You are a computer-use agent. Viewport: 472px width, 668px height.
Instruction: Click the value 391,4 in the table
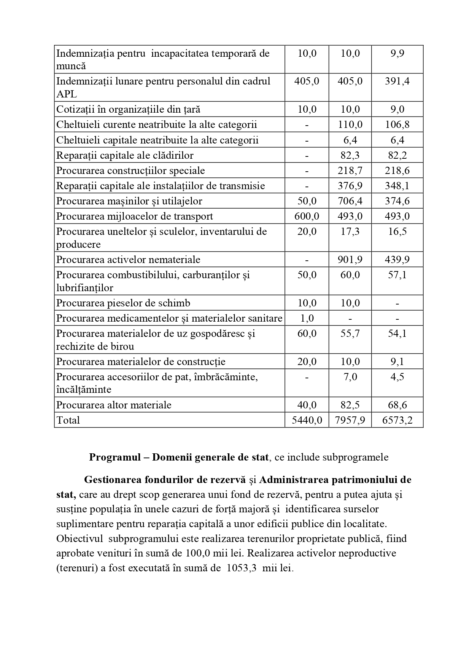[x=397, y=81]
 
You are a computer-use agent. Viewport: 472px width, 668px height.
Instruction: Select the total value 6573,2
[x=397, y=420]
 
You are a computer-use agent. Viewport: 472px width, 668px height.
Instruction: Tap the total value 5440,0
[x=307, y=420]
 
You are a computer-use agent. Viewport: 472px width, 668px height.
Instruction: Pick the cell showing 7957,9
[x=350, y=420]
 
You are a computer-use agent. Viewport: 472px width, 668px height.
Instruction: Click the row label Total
[x=68, y=420]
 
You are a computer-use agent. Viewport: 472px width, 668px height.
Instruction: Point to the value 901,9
[x=350, y=260]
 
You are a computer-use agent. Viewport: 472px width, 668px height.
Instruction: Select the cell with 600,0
[x=307, y=216]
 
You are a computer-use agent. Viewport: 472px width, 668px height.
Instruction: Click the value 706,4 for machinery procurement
[x=350, y=201]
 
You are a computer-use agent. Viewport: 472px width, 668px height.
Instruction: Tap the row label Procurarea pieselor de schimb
[x=123, y=303]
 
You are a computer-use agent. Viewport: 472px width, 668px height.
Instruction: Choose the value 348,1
[x=397, y=186]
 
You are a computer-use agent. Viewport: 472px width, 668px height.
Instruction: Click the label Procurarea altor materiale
[x=114, y=405]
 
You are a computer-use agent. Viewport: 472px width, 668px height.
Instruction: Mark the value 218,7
[x=350, y=171]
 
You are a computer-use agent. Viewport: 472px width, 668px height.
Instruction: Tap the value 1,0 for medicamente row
[x=307, y=318]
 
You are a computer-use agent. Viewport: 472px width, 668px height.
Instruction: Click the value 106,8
[x=397, y=124]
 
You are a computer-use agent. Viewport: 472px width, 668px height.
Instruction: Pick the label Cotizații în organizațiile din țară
[x=128, y=109]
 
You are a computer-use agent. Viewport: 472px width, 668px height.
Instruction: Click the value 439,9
[x=397, y=260]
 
